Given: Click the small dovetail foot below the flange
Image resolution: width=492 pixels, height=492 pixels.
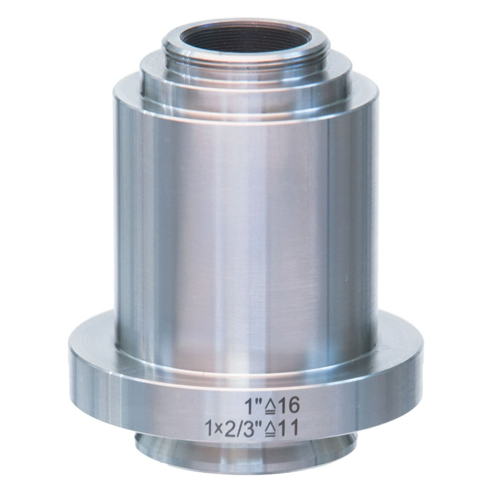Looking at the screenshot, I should pyautogui.click(x=246, y=455).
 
